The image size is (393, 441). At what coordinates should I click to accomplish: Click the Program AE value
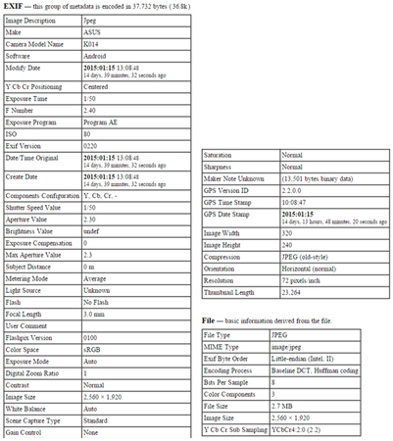[x=104, y=123]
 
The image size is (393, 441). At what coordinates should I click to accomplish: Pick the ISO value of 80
[x=89, y=136]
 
